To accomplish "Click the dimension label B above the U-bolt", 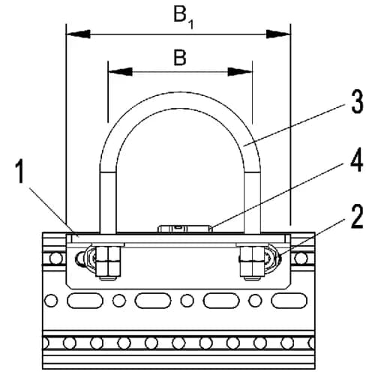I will tap(180, 57).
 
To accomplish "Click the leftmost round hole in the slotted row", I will tap(51, 301).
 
